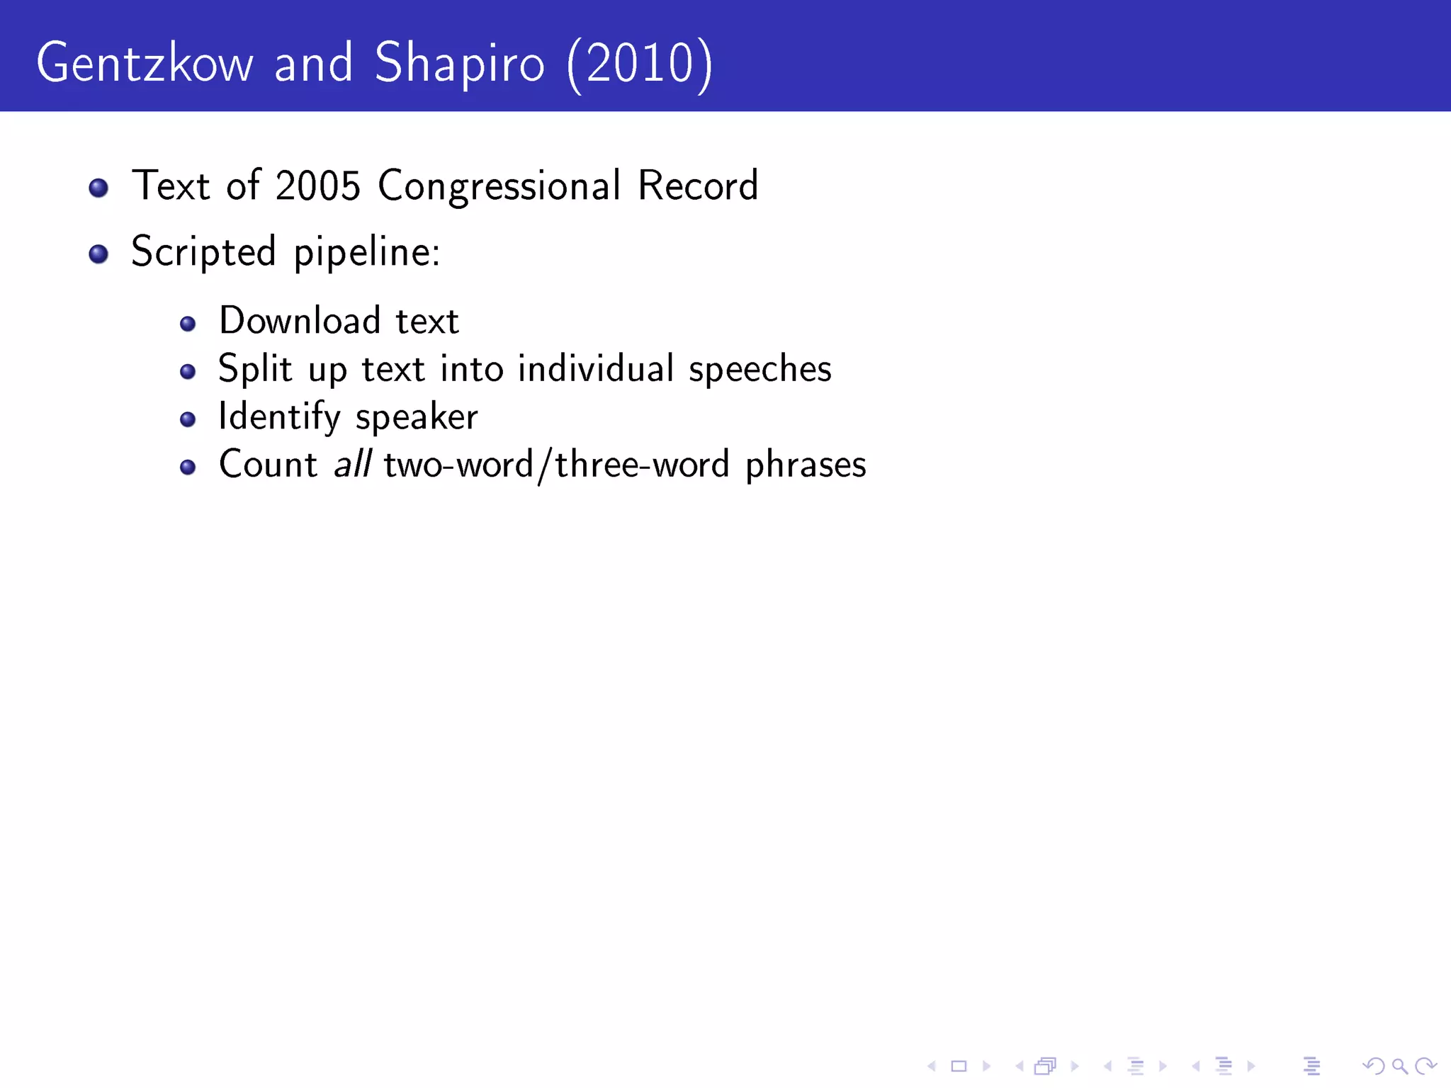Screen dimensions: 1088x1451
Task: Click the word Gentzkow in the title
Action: point(145,64)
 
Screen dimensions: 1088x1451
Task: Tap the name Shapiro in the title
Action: point(459,64)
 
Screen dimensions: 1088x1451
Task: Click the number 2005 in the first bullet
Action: point(317,186)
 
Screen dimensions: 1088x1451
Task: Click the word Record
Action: point(698,186)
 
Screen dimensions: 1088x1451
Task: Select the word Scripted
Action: point(203,252)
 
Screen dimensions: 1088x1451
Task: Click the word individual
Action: point(595,369)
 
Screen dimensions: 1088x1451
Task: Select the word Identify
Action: point(279,417)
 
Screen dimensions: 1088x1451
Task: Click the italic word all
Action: point(352,465)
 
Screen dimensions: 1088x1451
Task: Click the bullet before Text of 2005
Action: point(98,188)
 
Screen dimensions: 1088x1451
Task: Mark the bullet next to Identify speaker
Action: point(188,419)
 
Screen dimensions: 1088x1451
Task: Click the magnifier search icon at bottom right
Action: point(1399,1065)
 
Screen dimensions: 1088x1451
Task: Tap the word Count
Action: point(268,465)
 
